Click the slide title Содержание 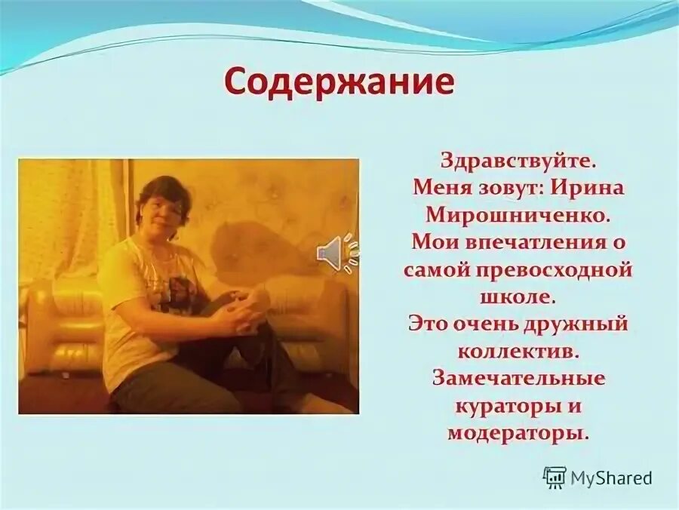click(x=339, y=82)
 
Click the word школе click(x=518, y=296)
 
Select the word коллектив click(x=518, y=352)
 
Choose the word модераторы click(x=518, y=433)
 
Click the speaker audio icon click(x=336, y=253)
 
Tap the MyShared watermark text click(x=611, y=478)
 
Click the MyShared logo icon click(x=555, y=477)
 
